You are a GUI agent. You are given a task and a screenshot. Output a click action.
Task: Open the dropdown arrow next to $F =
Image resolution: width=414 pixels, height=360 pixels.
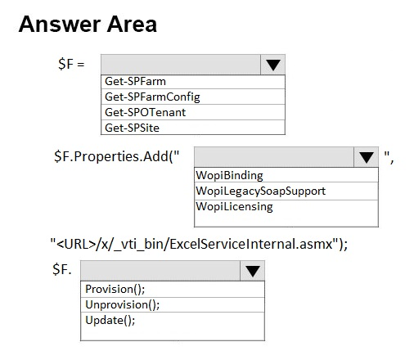tap(273, 65)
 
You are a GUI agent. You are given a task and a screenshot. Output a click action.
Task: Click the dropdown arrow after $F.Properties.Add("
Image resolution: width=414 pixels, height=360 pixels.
tap(367, 157)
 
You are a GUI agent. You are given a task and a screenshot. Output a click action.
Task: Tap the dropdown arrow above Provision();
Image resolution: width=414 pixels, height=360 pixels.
tap(253, 271)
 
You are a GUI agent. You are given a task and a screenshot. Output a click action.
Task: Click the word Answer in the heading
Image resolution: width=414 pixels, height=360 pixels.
tap(60, 25)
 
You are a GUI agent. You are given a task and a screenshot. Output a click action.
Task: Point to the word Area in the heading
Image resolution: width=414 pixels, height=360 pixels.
tap(132, 25)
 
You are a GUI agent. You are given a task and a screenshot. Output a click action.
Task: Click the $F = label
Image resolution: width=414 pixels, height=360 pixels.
tap(71, 64)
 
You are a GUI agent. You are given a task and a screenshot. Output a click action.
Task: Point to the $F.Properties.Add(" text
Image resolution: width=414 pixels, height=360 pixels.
tap(117, 157)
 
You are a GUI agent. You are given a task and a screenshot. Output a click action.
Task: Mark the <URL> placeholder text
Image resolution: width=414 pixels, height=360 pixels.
tap(76, 244)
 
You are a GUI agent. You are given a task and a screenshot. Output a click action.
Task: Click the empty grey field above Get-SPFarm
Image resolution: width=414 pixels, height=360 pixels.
tap(181, 65)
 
